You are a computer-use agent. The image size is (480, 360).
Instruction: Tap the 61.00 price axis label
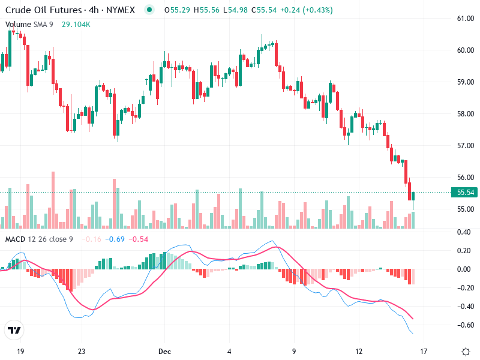(x=466, y=19)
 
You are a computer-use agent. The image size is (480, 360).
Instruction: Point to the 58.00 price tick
(x=466, y=113)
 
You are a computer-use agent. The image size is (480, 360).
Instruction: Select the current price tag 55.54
(x=466, y=193)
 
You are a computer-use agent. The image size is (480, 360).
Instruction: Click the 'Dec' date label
(x=164, y=352)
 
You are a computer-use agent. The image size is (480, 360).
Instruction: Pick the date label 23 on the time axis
(x=82, y=352)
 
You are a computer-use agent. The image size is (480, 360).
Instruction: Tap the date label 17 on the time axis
(x=423, y=352)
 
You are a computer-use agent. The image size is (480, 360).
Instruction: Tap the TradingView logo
(x=14, y=330)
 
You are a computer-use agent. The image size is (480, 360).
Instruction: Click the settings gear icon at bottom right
(x=466, y=352)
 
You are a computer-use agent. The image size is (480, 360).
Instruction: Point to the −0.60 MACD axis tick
(x=464, y=325)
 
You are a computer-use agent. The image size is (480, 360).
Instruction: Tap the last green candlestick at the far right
(x=413, y=196)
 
